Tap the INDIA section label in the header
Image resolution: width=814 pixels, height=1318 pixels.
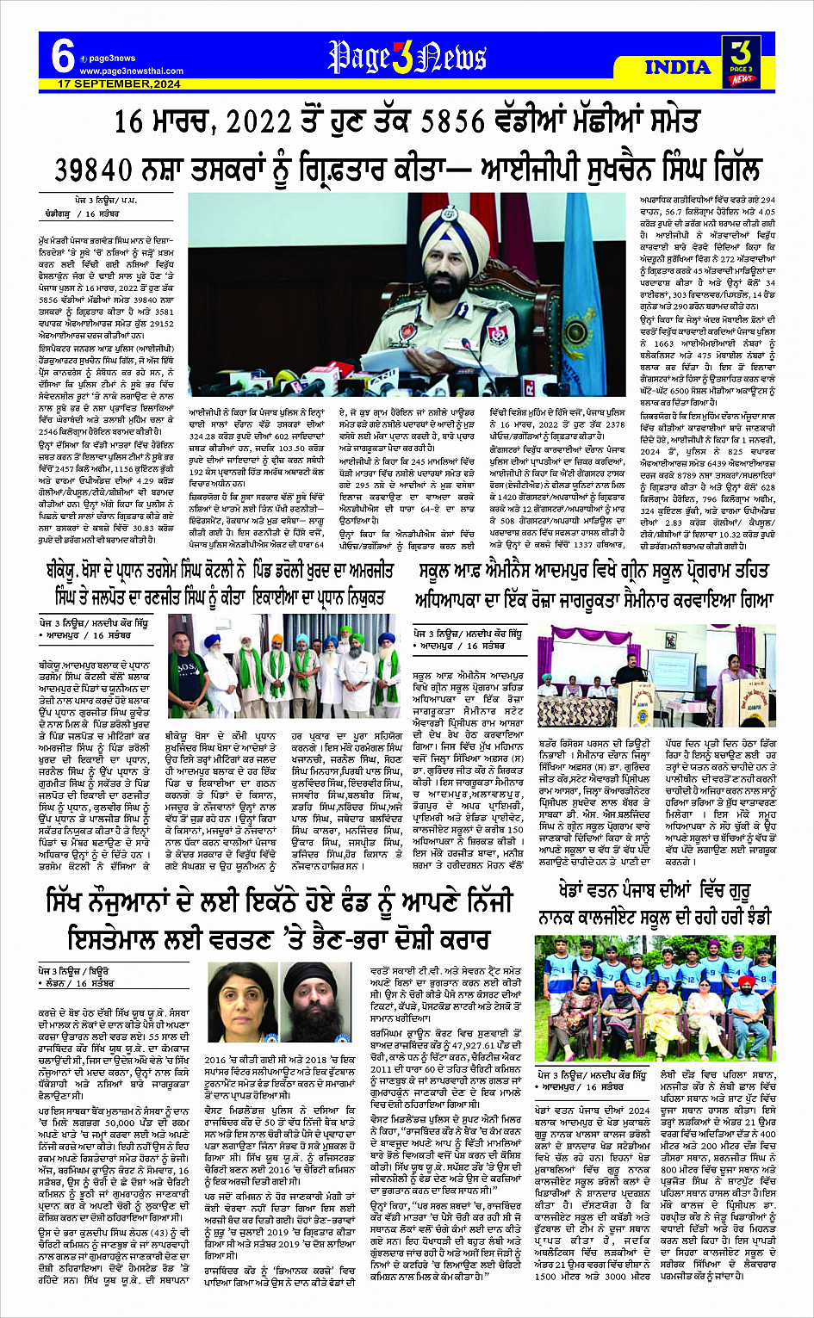[x=678, y=67]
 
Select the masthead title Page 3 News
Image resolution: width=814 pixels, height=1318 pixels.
[x=407, y=59]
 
